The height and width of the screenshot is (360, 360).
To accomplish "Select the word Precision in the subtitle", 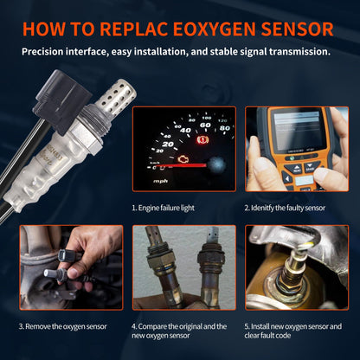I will click(x=48, y=51).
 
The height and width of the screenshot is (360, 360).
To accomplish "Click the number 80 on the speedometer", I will click(x=225, y=128).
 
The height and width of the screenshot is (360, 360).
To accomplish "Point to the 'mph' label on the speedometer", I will click(x=160, y=182).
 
